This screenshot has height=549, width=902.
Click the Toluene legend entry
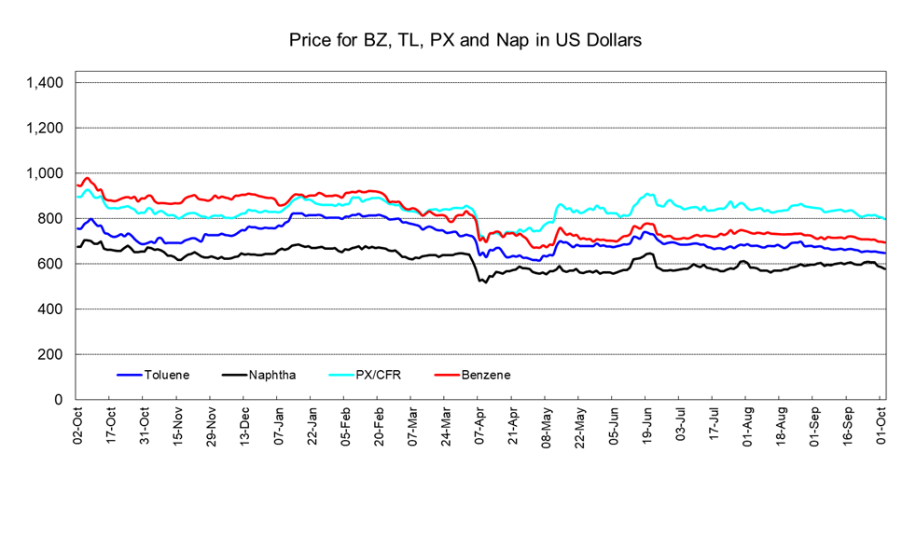click(166, 375)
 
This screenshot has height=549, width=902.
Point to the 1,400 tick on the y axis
click(44, 83)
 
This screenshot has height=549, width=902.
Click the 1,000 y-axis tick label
click(44, 173)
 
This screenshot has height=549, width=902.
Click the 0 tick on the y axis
click(58, 400)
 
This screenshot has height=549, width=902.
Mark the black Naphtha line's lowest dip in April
click(485, 281)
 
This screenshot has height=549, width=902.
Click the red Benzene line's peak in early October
click(88, 177)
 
